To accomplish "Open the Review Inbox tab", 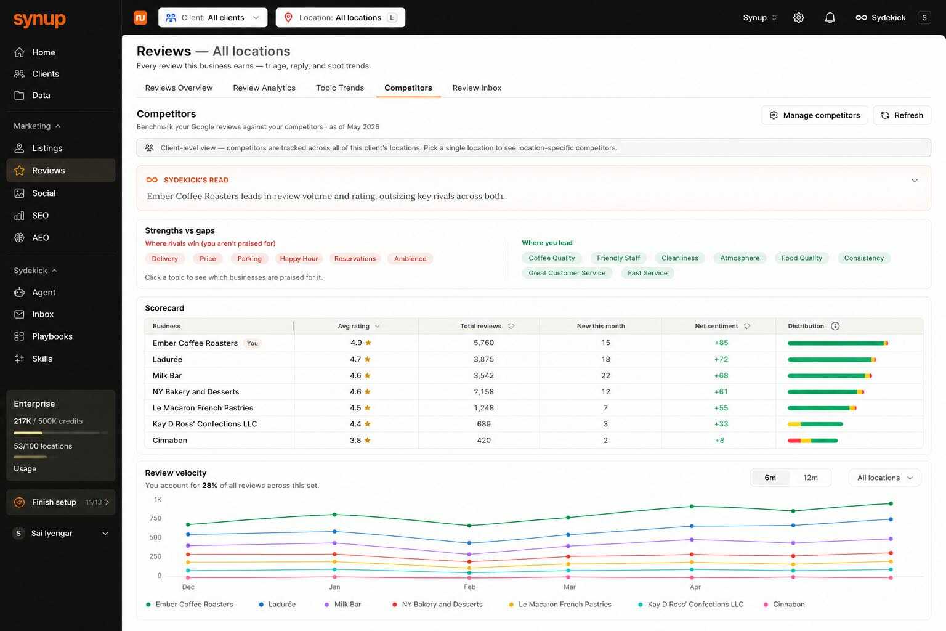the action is [x=477, y=88].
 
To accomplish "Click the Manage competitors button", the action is [x=814, y=115].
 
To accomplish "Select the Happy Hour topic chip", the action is [x=299, y=259].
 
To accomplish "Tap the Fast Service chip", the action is [x=647, y=273].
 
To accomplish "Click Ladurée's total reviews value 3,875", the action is [x=483, y=359].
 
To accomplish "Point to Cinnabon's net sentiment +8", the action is [x=719, y=441].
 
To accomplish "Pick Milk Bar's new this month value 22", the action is [x=605, y=375].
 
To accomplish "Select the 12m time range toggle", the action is [x=810, y=478].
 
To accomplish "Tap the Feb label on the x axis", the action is [x=469, y=587].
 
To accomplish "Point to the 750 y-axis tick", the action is [x=155, y=518].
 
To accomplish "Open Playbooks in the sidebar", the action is [x=52, y=336].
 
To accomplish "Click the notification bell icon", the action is [x=830, y=18].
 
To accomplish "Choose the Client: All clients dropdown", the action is [x=213, y=18].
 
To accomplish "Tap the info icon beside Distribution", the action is [x=835, y=326].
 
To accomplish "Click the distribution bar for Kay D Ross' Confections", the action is [x=815, y=425].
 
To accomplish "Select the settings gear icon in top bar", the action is [x=798, y=18].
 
